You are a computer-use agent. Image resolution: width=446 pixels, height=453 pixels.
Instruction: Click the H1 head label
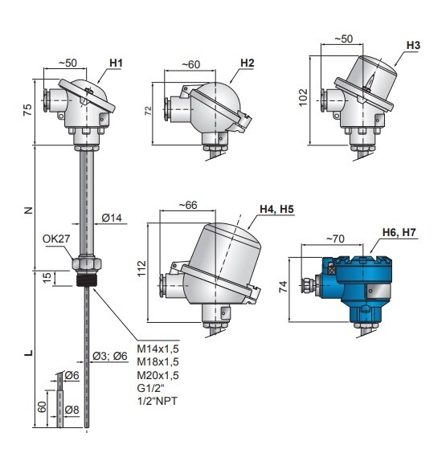coord(116,63)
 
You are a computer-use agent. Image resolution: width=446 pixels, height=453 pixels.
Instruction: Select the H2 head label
coord(248,63)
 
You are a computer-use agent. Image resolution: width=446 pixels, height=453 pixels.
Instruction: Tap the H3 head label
coord(413,45)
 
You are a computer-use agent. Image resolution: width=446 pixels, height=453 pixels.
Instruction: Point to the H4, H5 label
coord(276,209)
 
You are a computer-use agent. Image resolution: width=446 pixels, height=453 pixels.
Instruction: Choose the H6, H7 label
coord(399,232)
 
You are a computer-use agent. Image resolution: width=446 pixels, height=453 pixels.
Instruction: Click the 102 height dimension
coord(303,98)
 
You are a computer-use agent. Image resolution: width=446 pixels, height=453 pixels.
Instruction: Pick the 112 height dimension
coord(141,268)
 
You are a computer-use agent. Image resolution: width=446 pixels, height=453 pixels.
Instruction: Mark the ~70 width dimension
coord(335,239)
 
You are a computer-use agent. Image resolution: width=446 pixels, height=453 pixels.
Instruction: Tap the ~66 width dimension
coord(188,205)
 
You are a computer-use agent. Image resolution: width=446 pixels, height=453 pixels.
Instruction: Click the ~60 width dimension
coord(190,64)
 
